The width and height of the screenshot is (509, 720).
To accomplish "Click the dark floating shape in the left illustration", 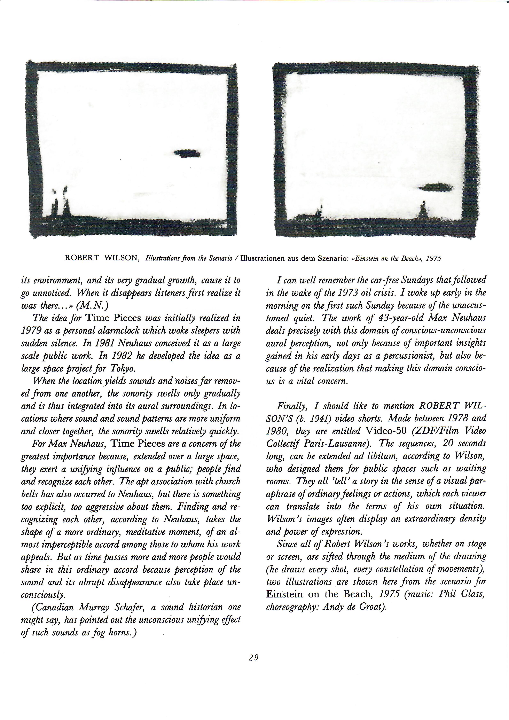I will click(x=187, y=153).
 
